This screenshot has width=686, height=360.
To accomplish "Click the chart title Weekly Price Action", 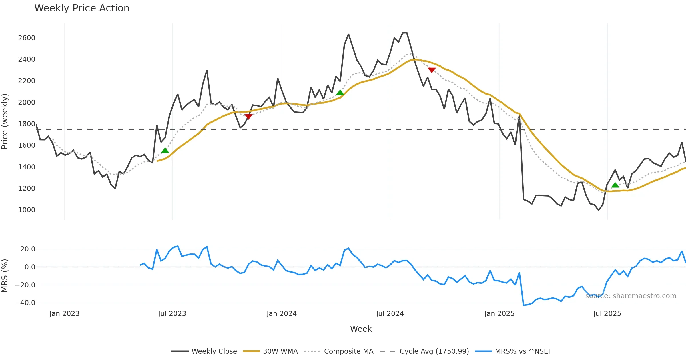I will coord(82,8).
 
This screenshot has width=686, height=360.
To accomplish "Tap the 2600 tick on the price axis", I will coord(27,38).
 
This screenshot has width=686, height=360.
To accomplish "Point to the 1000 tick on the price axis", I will coord(27,210).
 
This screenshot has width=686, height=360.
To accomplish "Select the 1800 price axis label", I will coord(27,124).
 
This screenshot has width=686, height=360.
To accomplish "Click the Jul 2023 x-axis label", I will coord(172,314).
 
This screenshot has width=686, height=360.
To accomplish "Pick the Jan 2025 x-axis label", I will coord(499,314).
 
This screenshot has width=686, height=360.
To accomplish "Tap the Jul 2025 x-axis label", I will coord(607,314).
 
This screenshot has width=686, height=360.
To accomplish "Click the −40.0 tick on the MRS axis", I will coord(25,303).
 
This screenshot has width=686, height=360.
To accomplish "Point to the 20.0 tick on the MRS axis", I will coord(27,249).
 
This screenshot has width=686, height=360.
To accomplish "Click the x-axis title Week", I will coord(361,329).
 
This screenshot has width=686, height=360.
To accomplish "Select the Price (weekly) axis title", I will coord(5,121).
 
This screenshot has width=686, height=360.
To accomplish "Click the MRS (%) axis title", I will coord(5,276).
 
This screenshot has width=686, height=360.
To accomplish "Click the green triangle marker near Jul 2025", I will coord(615,185).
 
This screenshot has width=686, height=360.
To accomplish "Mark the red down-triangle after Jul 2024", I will coord(432,70).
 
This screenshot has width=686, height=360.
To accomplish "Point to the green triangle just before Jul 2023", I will coord(165,151).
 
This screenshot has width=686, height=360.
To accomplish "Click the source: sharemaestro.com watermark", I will coord(631,296).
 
